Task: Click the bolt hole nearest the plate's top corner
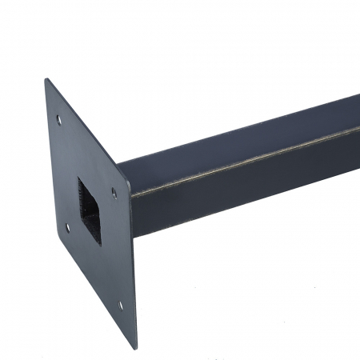point(58,120)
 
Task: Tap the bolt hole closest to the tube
point(114,192)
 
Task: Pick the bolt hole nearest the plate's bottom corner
point(121,304)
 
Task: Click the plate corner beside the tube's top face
point(118,164)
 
